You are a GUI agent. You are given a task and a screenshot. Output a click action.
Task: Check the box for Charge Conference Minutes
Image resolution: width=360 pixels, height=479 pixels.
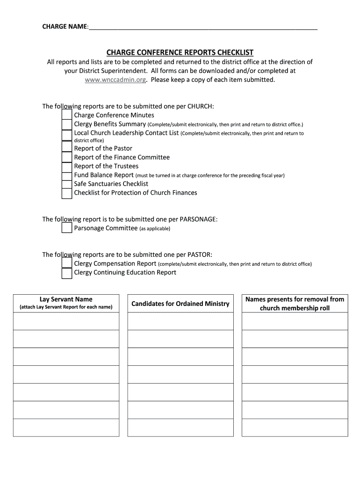pyautogui.click(x=67, y=115)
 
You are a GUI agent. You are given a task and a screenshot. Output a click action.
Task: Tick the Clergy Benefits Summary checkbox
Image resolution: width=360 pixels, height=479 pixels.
pyautogui.click(x=67, y=124)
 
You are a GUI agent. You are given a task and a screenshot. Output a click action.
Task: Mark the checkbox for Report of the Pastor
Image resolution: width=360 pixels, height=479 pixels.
pyautogui.click(x=67, y=148)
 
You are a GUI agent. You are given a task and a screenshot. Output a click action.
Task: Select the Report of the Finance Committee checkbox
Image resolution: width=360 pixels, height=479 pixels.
pyautogui.click(x=67, y=157)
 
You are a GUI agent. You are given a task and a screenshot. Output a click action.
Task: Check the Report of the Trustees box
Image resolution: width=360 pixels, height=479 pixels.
pyautogui.click(x=67, y=166)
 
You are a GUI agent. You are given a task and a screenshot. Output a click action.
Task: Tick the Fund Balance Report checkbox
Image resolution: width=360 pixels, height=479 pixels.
pyautogui.click(x=67, y=175)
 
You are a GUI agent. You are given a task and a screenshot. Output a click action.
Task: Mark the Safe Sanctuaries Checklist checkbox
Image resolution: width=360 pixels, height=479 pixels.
pyautogui.click(x=67, y=184)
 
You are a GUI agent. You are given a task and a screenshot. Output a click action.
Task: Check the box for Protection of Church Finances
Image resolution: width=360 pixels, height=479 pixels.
pyautogui.click(x=67, y=193)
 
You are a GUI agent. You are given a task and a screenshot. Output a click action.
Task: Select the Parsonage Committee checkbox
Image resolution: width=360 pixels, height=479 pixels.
pyautogui.click(x=67, y=228)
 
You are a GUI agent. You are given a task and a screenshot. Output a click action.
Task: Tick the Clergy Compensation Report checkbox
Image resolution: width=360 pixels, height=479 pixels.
pyautogui.click(x=67, y=263)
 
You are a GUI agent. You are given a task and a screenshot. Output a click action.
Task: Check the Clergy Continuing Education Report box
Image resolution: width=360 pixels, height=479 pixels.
pyautogui.click(x=67, y=273)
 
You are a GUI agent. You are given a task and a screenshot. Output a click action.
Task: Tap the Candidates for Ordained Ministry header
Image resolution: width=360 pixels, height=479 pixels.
pyautogui.click(x=180, y=304)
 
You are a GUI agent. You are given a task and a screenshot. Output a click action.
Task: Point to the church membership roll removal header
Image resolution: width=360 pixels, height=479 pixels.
pyautogui.click(x=295, y=304)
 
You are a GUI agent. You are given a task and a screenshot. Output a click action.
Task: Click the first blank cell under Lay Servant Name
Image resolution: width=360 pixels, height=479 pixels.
pyautogui.click(x=66, y=321)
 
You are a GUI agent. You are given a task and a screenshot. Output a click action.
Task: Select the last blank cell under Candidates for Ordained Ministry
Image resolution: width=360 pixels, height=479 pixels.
pyautogui.click(x=180, y=428)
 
